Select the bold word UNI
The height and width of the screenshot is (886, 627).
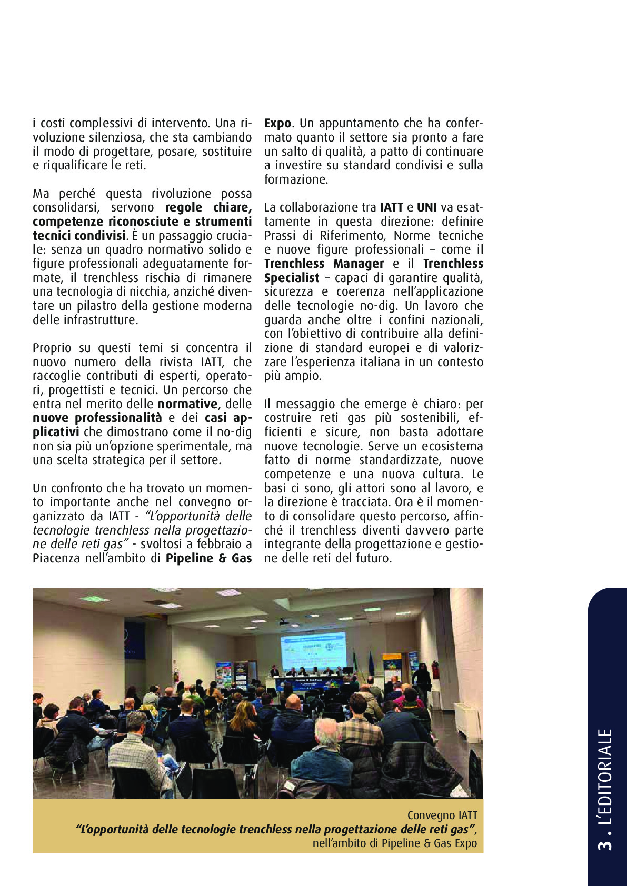tap(427, 207)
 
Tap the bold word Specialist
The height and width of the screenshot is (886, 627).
tap(292, 278)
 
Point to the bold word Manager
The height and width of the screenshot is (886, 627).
tap(358, 264)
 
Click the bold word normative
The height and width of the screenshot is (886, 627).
tap(187, 404)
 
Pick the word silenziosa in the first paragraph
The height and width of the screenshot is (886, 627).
tap(116, 137)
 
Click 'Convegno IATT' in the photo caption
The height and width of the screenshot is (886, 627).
tap(442, 815)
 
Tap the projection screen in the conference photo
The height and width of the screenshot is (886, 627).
tap(313, 646)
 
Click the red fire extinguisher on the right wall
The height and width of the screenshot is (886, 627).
tap(435, 670)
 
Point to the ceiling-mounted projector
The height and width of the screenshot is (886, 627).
tap(283, 622)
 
